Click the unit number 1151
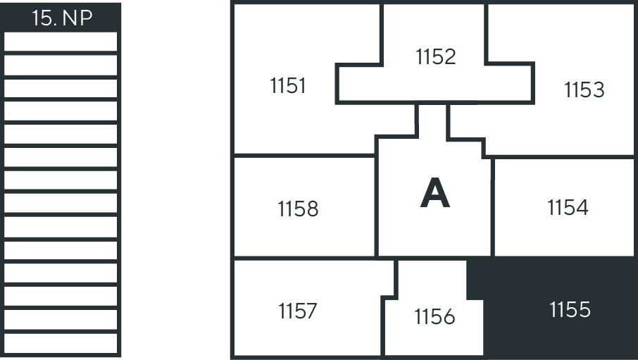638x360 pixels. (x=288, y=86)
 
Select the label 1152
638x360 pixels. (x=436, y=56)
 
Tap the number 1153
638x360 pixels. (x=584, y=90)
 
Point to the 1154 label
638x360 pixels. (x=568, y=208)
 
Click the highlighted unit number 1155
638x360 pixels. (x=570, y=310)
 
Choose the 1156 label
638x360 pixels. (x=434, y=317)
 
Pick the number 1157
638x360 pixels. (x=297, y=311)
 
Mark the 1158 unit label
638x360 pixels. (x=298, y=209)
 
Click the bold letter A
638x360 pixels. (x=434, y=194)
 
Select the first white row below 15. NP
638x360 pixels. (x=61, y=42)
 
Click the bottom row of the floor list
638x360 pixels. (x=61, y=343)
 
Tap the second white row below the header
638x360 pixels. (x=61, y=65)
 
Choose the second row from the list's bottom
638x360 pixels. (x=61, y=320)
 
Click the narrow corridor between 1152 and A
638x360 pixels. (x=432, y=120)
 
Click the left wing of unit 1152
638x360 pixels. (x=359, y=84)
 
